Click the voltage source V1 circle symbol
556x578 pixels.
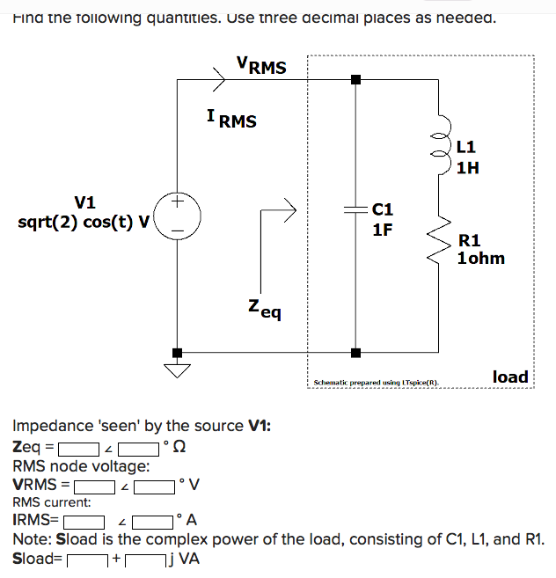point(178,215)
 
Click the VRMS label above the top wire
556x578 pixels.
point(261,64)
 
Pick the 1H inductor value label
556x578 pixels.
point(468,167)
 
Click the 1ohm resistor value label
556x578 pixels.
point(481,259)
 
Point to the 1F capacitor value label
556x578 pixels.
point(383,230)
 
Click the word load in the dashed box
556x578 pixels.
point(510,377)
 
